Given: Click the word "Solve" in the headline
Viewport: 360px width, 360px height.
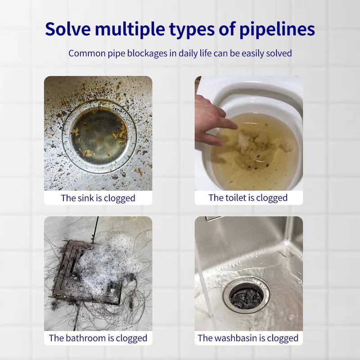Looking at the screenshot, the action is [x=68, y=29].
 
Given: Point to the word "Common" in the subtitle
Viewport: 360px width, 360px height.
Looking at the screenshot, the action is [x=87, y=53].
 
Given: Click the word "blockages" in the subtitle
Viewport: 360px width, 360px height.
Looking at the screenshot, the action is [x=147, y=54].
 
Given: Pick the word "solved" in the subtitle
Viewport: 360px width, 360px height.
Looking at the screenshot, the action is [x=279, y=53].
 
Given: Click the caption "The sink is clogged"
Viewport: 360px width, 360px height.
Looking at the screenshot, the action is [x=98, y=198].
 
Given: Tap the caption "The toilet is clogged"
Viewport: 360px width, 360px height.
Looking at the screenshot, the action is [x=248, y=198].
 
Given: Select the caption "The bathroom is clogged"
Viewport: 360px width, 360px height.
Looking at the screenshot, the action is [x=98, y=338].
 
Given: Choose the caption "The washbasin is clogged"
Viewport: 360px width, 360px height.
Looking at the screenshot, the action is [x=248, y=338].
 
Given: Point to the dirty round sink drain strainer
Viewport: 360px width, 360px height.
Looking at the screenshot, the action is [x=99, y=136].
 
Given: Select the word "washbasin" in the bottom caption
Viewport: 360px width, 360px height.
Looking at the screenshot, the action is [x=235, y=338].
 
